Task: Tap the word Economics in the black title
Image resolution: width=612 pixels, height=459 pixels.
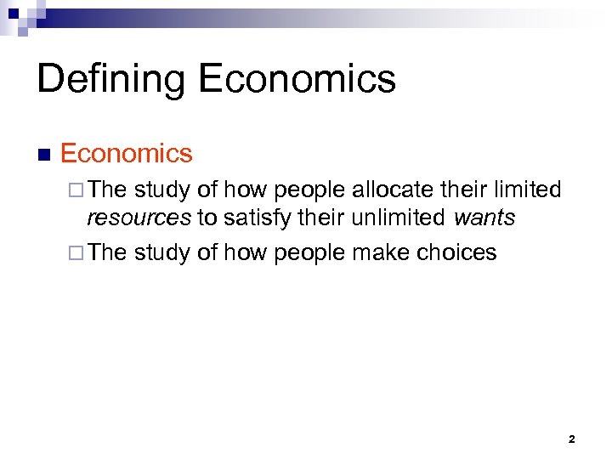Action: click(297, 79)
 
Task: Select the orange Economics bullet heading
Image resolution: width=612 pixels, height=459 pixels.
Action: click(127, 154)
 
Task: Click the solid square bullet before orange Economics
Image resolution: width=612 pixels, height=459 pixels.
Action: click(44, 156)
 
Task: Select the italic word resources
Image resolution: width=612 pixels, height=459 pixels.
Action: click(139, 218)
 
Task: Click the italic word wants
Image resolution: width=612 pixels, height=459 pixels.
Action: click(484, 218)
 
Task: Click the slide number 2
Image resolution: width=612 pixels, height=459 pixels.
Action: click(571, 439)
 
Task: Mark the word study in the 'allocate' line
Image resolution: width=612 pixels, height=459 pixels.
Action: click(162, 190)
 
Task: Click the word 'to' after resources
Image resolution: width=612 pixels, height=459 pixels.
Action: click(207, 218)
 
